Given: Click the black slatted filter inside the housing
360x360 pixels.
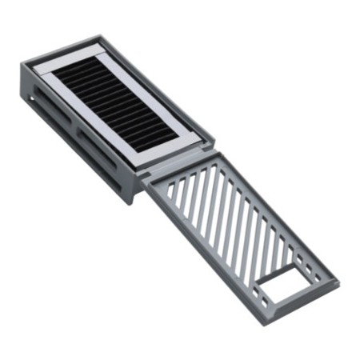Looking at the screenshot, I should click(117, 105).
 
